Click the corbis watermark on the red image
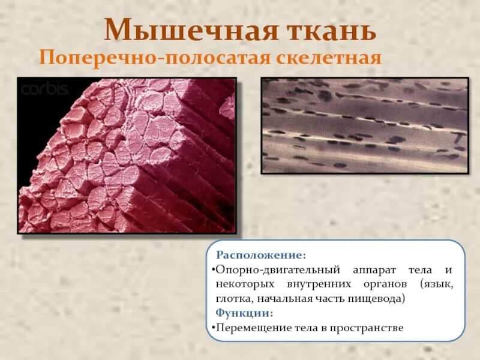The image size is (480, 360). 45,89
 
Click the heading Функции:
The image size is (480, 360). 244,313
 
